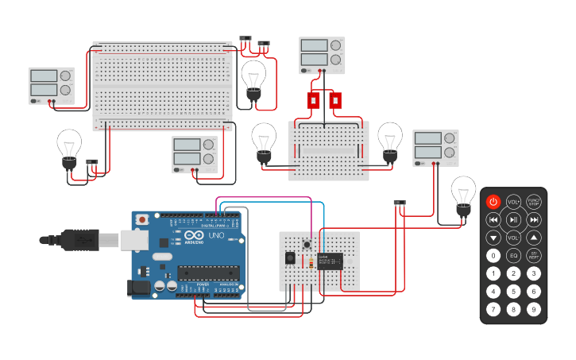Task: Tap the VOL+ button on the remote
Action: click(x=513, y=202)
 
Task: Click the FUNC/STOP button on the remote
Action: click(x=534, y=202)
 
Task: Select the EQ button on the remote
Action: click(x=513, y=256)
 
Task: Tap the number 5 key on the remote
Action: click(x=513, y=291)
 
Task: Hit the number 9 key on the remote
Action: click(x=534, y=309)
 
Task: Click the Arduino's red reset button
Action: click(x=142, y=219)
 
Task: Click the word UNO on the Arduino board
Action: click(x=216, y=236)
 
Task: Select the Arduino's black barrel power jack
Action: click(x=140, y=287)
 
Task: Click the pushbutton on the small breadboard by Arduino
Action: click(x=307, y=241)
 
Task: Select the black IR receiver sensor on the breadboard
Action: click(x=290, y=257)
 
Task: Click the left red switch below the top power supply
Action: click(x=313, y=101)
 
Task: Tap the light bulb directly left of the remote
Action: click(x=463, y=195)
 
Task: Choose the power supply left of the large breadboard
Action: click(x=51, y=86)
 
